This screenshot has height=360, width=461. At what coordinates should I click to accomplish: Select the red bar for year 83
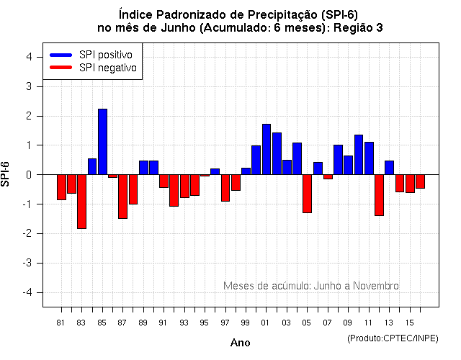(x=81, y=202)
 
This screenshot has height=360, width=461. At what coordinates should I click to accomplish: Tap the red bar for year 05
(x=307, y=194)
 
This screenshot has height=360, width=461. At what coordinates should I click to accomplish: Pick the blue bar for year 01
(x=267, y=149)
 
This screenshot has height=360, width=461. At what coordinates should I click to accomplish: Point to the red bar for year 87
(x=122, y=197)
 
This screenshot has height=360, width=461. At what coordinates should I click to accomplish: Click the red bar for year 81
(x=61, y=187)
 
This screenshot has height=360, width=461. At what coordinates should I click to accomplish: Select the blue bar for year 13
(x=389, y=168)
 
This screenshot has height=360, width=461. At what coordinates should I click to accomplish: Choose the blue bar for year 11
(x=369, y=158)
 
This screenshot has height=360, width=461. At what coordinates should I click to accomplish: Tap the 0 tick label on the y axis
(x=28, y=175)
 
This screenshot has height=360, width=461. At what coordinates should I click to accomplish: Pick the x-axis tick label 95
(x=205, y=322)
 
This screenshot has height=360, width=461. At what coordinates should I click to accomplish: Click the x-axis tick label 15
(x=409, y=322)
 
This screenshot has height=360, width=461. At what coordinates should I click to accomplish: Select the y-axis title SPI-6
(x=6, y=175)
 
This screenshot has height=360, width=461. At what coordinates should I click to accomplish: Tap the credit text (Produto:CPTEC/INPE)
(x=393, y=338)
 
